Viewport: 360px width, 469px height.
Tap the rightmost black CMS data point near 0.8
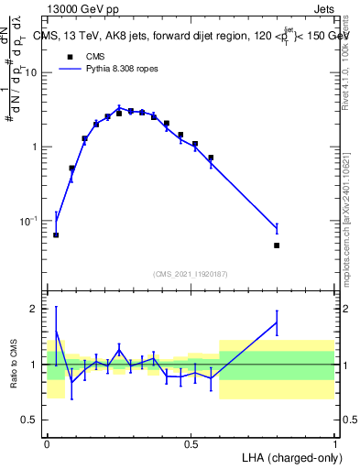click(277, 245)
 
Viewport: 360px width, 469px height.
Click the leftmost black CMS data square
click(56, 234)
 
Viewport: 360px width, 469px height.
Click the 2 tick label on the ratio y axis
click(37, 309)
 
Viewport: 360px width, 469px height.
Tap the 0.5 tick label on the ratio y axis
click(33, 420)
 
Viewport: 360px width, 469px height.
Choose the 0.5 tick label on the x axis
click(191, 443)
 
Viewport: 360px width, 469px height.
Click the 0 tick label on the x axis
click(47, 443)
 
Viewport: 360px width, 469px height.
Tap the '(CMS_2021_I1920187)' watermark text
click(191, 274)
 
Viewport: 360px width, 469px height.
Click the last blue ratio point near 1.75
click(277, 322)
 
